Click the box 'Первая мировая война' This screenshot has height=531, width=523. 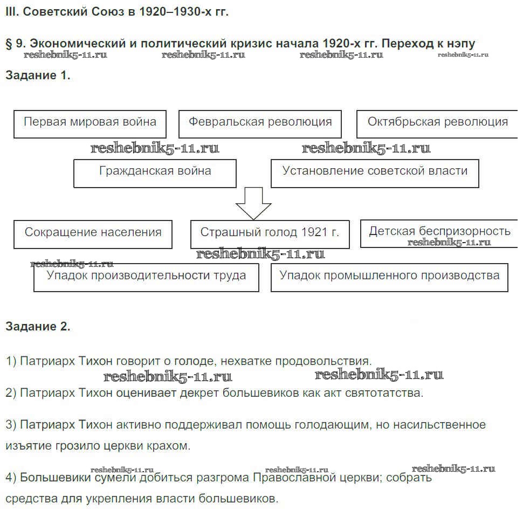click(90, 124)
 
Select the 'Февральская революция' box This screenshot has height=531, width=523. click(260, 124)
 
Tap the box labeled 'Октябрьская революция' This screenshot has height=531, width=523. click(437, 124)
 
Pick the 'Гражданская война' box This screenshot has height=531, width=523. click(155, 173)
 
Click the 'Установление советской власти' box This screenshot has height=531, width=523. click(375, 173)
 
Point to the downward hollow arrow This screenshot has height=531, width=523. click(253, 203)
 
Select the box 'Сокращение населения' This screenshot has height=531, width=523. click(93, 234)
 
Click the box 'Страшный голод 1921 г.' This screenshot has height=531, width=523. click(270, 234)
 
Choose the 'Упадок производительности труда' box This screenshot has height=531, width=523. click(146, 277)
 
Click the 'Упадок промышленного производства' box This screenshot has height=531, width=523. click(389, 277)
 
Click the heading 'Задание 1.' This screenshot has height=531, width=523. click(38, 75)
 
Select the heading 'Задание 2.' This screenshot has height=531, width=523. click(38, 326)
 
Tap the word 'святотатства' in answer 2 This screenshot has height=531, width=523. click(388, 393)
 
